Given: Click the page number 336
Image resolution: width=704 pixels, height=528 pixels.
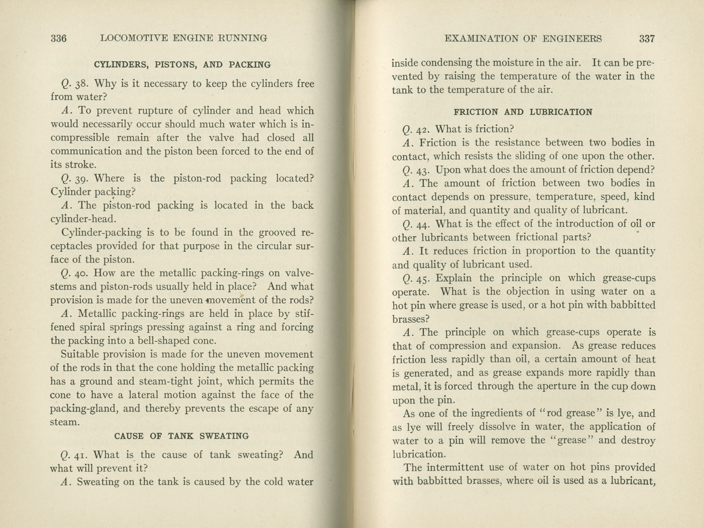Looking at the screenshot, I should click(x=59, y=38).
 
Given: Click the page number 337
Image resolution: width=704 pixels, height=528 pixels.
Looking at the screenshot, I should click(x=647, y=39).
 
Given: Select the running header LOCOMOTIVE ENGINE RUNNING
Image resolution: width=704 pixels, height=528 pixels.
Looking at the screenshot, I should click(x=184, y=38).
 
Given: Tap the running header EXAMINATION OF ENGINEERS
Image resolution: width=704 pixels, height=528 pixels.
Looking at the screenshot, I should click(x=523, y=39).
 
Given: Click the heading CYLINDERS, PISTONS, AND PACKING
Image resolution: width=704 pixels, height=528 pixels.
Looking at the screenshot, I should click(x=182, y=65).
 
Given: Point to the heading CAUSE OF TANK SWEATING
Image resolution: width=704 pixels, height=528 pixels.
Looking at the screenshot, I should click(x=182, y=436).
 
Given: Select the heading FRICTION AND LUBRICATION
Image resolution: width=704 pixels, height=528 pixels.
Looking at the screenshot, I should click(x=523, y=112).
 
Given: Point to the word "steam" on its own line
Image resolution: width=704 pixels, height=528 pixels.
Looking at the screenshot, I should click(x=65, y=422).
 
